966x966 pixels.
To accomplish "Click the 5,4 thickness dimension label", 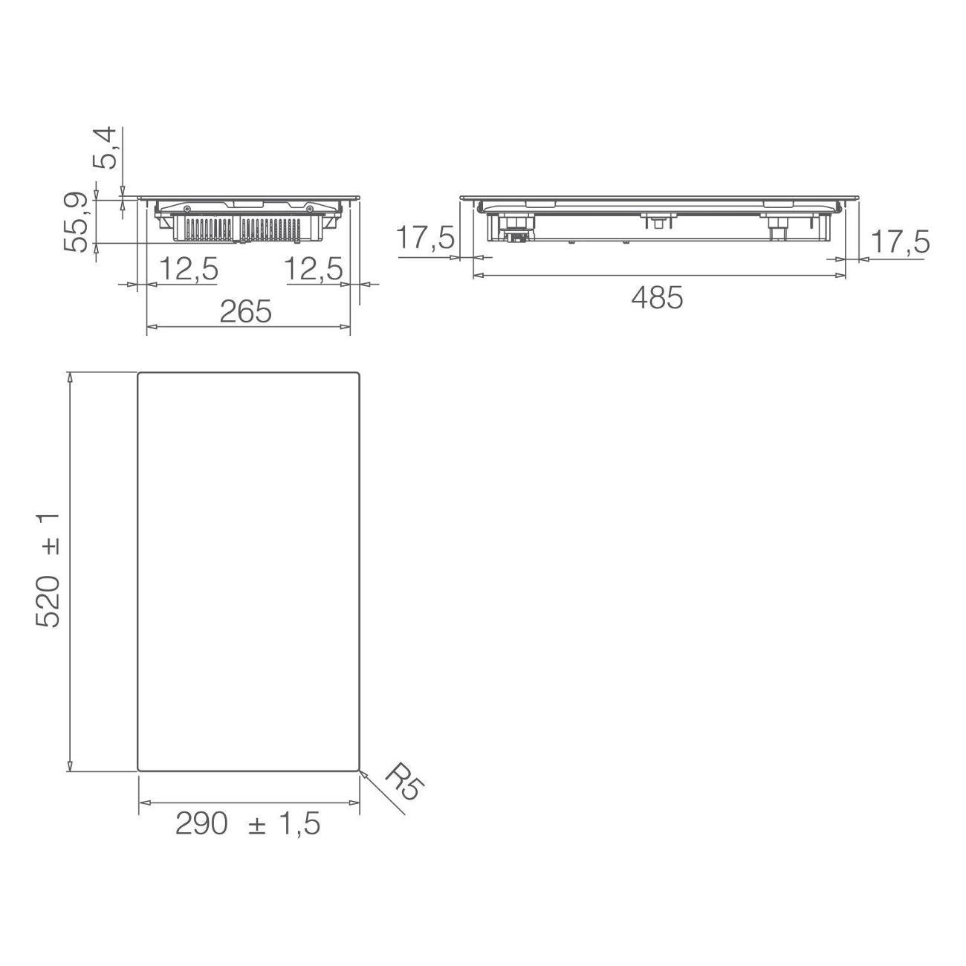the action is pyautogui.click(x=104, y=149).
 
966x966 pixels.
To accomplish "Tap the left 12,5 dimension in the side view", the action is pyautogui.click(x=189, y=269).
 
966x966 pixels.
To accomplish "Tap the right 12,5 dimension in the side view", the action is pyautogui.click(x=314, y=269).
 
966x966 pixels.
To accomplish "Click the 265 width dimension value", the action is pyautogui.click(x=246, y=311).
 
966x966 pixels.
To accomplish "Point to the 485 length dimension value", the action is pyautogui.click(x=657, y=298).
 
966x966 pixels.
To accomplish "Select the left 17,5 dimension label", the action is pyautogui.click(x=425, y=238).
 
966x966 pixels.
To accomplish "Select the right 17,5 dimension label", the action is pyautogui.click(x=901, y=242).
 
